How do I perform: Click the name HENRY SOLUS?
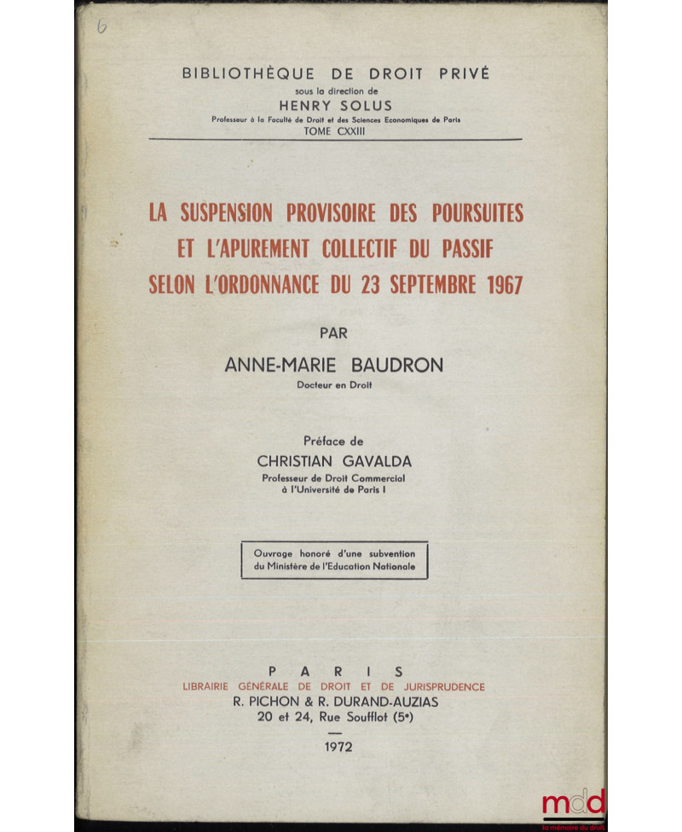(x=336, y=107)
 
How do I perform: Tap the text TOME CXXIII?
(x=336, y=131)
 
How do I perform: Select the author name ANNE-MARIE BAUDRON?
(x=334, y=365)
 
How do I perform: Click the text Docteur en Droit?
(x=334, y=386)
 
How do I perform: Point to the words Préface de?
(x=334, y=441)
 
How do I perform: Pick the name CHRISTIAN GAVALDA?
(x=334, y=460)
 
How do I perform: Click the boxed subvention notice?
(x=334, y=560)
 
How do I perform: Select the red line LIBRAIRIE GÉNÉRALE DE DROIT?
(x=334, y=686)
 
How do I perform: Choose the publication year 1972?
(x=334, y=748)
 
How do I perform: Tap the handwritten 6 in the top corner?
(x=103, y=26)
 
